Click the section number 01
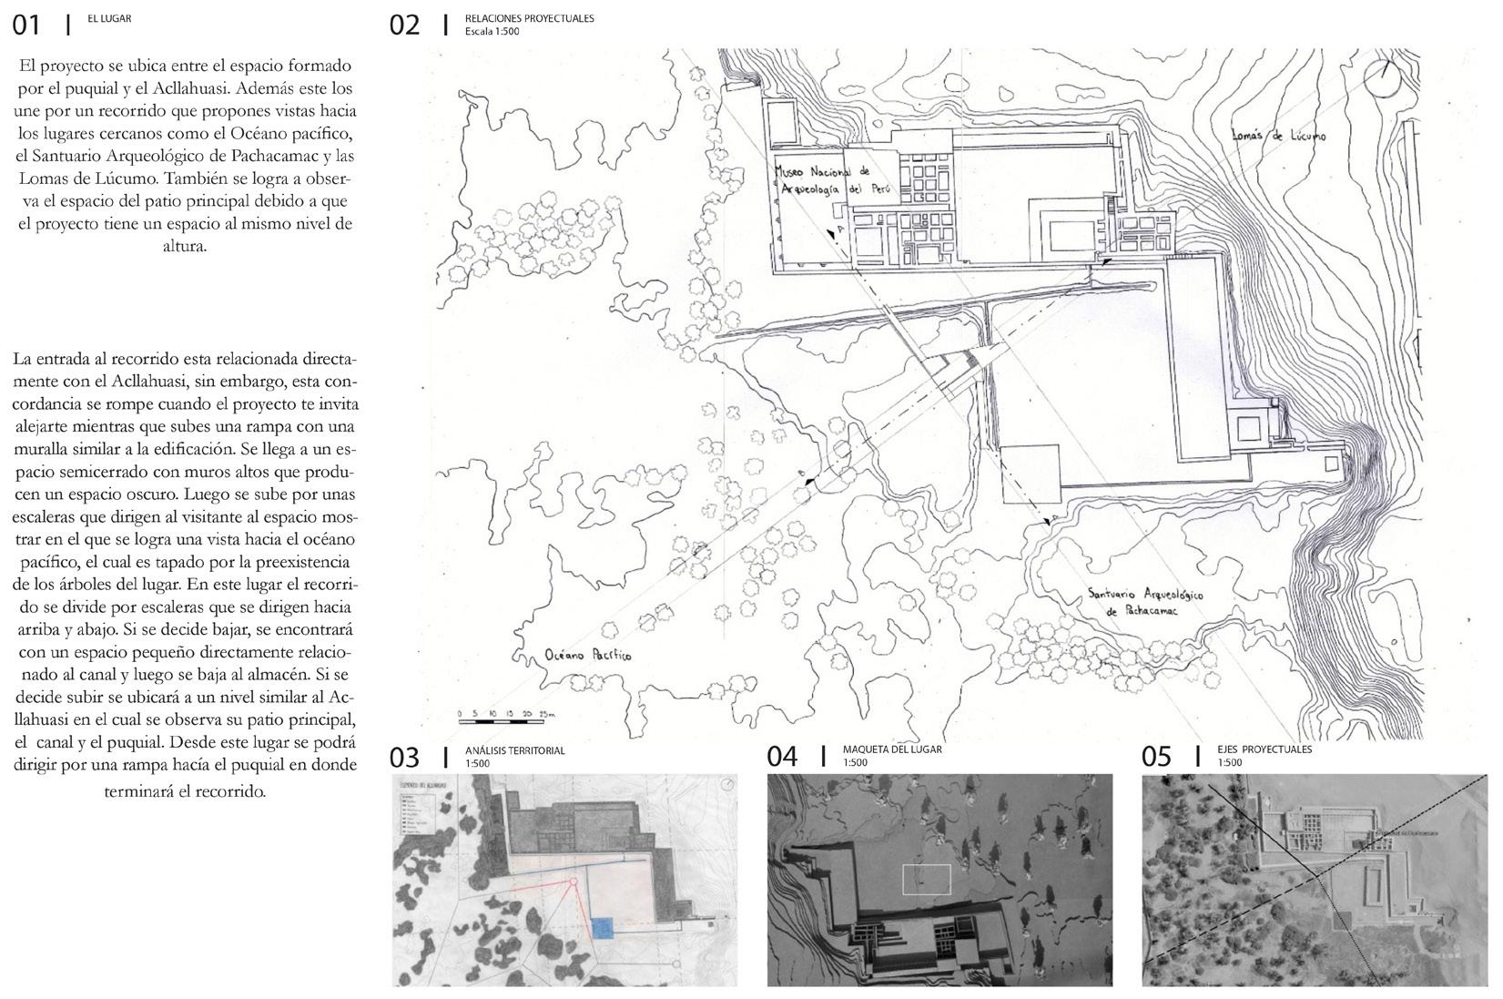[26, 25]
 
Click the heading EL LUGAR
[109, 18]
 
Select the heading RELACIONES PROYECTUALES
[529, 18]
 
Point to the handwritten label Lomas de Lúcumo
[1278, 136]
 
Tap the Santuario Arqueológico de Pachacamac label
[1145, 602]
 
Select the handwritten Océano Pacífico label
[587, 655]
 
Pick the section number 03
[404, 758]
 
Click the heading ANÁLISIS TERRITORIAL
[514, 750]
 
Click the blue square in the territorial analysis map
[602, 927]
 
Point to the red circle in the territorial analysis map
[573, 882]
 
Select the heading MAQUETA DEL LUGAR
[892, 749]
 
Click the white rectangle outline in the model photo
[926, 880]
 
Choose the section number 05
[1156, 758]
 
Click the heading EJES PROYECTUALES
[1264, 749]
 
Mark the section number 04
[781, 758]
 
